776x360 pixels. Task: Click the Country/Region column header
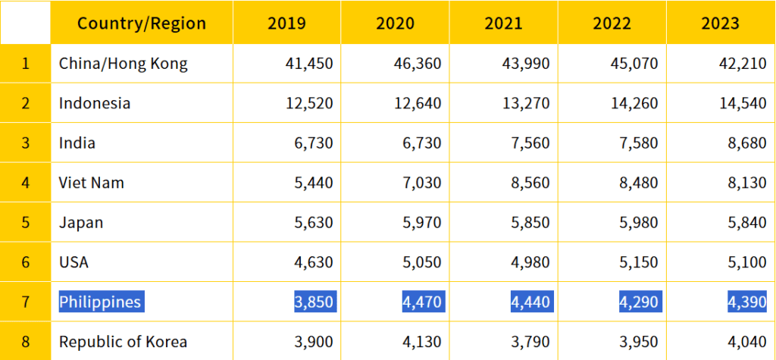(x=141, y=23)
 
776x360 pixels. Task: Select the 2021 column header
(x=503, y=23)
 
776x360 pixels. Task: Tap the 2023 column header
(x=720, y=23)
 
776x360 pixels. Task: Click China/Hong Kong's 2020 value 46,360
(x=418, y=64)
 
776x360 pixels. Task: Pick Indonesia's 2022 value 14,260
(x=634, y=103)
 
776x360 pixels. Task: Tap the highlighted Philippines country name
(x=100, y=302)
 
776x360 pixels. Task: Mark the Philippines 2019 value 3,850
(x=313, y=302)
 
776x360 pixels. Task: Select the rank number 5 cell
(x=25, y=223)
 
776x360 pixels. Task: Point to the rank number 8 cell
(x=25, y=342)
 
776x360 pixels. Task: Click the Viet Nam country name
(x=91, y=183)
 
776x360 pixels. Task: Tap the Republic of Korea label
(x=123, y=342)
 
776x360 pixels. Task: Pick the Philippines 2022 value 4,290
(x=638, y=302)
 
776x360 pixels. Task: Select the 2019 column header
(x=286, y=23)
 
